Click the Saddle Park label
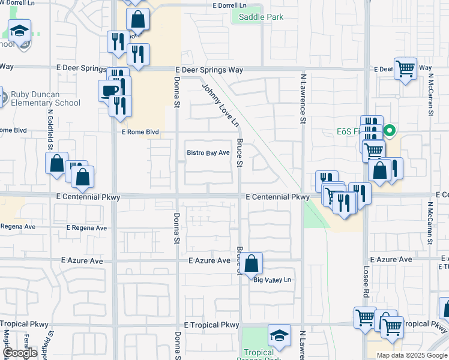pyautogui.click(x=261, y=17)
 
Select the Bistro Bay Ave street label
pyautogui.click(x=208, y=153)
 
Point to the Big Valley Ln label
pyautogui.click(x=272, y=280)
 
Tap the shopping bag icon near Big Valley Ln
pyautogui.click(x=253, y=263)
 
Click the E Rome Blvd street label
pyautogui.click(x=140, y=132)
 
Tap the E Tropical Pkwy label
pyautogui.click(x=211, y=325)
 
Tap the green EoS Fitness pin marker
pyautogui.click(x=389, y=130)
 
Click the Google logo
pyautogui.click(x=20, y=353)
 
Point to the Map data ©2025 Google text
pyautogui.click(x=411, y=355)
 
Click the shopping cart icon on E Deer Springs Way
pyautogui.click(x=406, y=69)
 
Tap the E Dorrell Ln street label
pyautogui.click(x=230, y=5)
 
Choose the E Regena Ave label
pyautogui.click(x=86, y=228)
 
